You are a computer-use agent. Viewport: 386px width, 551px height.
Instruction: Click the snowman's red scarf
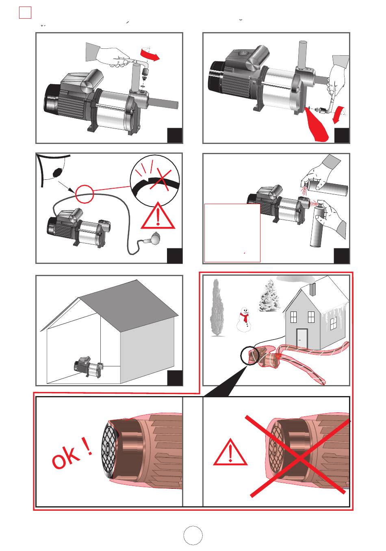click(x=244, y=317)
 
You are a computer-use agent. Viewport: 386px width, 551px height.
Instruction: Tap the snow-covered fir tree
click(x=270, y=296)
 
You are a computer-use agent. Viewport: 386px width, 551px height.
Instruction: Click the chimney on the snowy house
click(x=313, y=289)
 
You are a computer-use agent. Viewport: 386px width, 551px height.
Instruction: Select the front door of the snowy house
click(x=302, y=338)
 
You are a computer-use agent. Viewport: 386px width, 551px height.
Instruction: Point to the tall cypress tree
click(x=217, y=307)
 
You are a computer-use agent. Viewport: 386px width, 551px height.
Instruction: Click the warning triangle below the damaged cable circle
click(x=158, y=216)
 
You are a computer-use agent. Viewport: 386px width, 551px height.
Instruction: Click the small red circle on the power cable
click(x=85, y=194)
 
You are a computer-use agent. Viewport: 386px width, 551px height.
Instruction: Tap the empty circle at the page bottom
click(x=193, y=535)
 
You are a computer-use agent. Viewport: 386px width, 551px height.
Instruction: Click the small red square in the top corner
click(x=25, y=13)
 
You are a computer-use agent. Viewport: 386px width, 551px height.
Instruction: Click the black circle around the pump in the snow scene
click(x=250, y=356)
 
